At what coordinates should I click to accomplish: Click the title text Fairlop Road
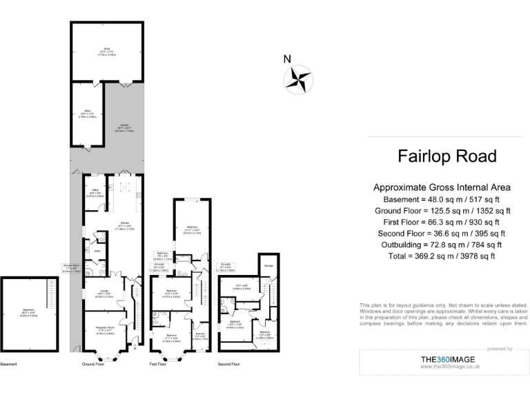pos(446,156)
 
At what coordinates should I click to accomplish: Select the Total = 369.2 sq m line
pos(441,256)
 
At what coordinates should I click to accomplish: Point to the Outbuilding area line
pos(442,245)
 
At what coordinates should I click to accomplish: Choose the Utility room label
pos(97,251)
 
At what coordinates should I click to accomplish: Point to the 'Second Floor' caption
pos(228,363)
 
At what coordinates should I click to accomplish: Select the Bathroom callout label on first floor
pos(163,254)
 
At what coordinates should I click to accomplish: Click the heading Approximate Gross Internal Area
pos(442,187)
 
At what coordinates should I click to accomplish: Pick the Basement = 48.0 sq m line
pos(442,198)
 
